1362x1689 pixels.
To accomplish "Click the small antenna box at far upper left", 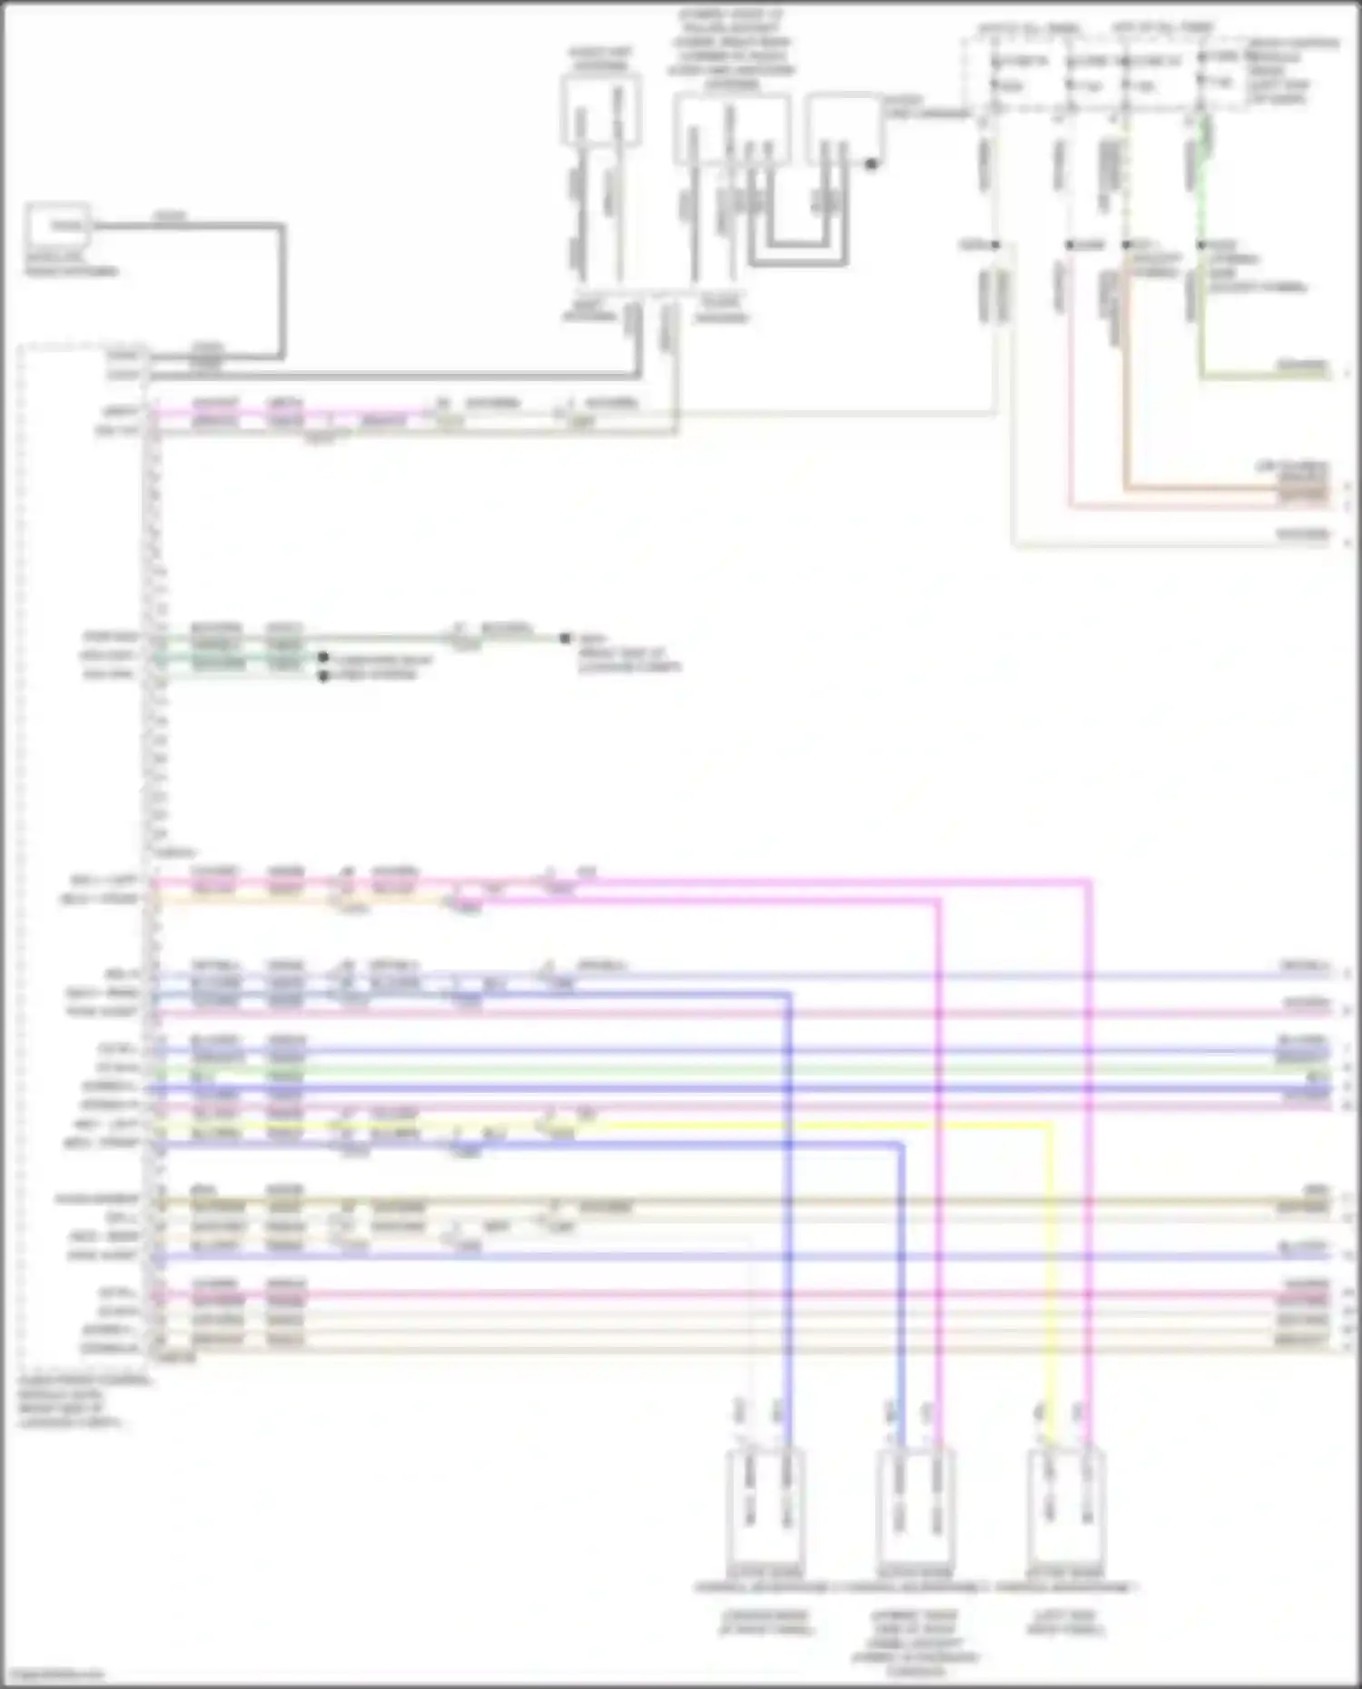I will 57,227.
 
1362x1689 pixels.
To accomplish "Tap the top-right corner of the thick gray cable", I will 281,226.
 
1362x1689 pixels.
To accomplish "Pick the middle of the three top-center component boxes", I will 731,130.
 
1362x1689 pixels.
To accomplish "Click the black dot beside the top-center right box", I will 871,164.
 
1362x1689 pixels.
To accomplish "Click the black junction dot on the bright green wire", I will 1201,245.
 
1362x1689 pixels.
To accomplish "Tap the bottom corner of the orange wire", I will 1126,490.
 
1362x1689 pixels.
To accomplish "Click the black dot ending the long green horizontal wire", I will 565,638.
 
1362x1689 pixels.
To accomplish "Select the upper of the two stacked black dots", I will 323,657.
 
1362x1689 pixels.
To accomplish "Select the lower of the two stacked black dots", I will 323,676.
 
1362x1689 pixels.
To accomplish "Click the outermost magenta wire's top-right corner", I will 1089,880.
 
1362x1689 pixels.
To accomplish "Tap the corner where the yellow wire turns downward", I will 1051,1125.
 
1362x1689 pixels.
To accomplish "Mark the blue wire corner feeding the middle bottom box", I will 902,1145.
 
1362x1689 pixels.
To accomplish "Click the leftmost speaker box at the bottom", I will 765,1507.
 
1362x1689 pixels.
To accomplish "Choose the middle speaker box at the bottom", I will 915,1507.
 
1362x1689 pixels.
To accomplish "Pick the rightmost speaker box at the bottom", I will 1066,1507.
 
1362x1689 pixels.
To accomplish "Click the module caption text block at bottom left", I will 82,1401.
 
